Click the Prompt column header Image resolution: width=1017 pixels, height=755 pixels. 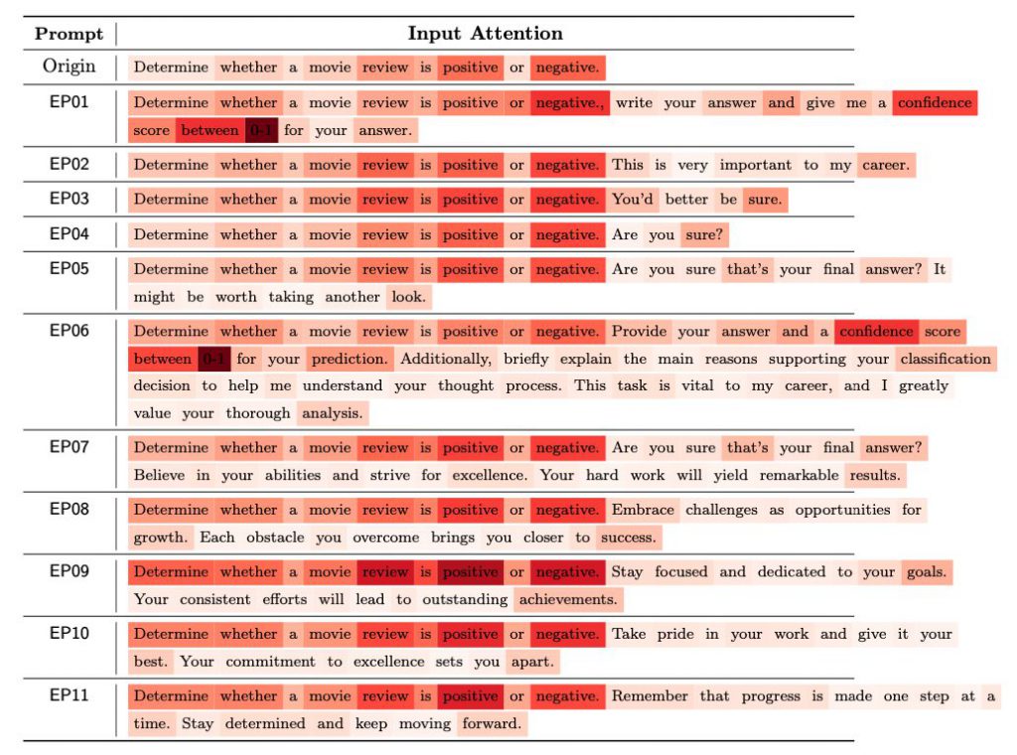[69, 34]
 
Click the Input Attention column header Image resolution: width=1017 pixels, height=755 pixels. [485, 34]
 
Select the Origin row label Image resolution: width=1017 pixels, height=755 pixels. [70, 67]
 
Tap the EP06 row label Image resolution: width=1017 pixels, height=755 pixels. [70, 330]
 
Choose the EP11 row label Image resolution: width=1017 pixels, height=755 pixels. [70, 694]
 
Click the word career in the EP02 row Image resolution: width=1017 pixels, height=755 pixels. [885, 165]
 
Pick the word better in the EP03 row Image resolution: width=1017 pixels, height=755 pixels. [687, 200]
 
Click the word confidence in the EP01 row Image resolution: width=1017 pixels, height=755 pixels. [934, 102]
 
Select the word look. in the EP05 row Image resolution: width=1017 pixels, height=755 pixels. [408, 297]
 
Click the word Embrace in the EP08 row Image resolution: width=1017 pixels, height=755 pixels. [643, 510]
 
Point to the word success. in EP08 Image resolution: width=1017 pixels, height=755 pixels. [628, 537]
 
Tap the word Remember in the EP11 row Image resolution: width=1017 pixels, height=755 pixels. [650, 695]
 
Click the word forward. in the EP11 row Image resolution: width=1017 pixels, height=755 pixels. [492, 723]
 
